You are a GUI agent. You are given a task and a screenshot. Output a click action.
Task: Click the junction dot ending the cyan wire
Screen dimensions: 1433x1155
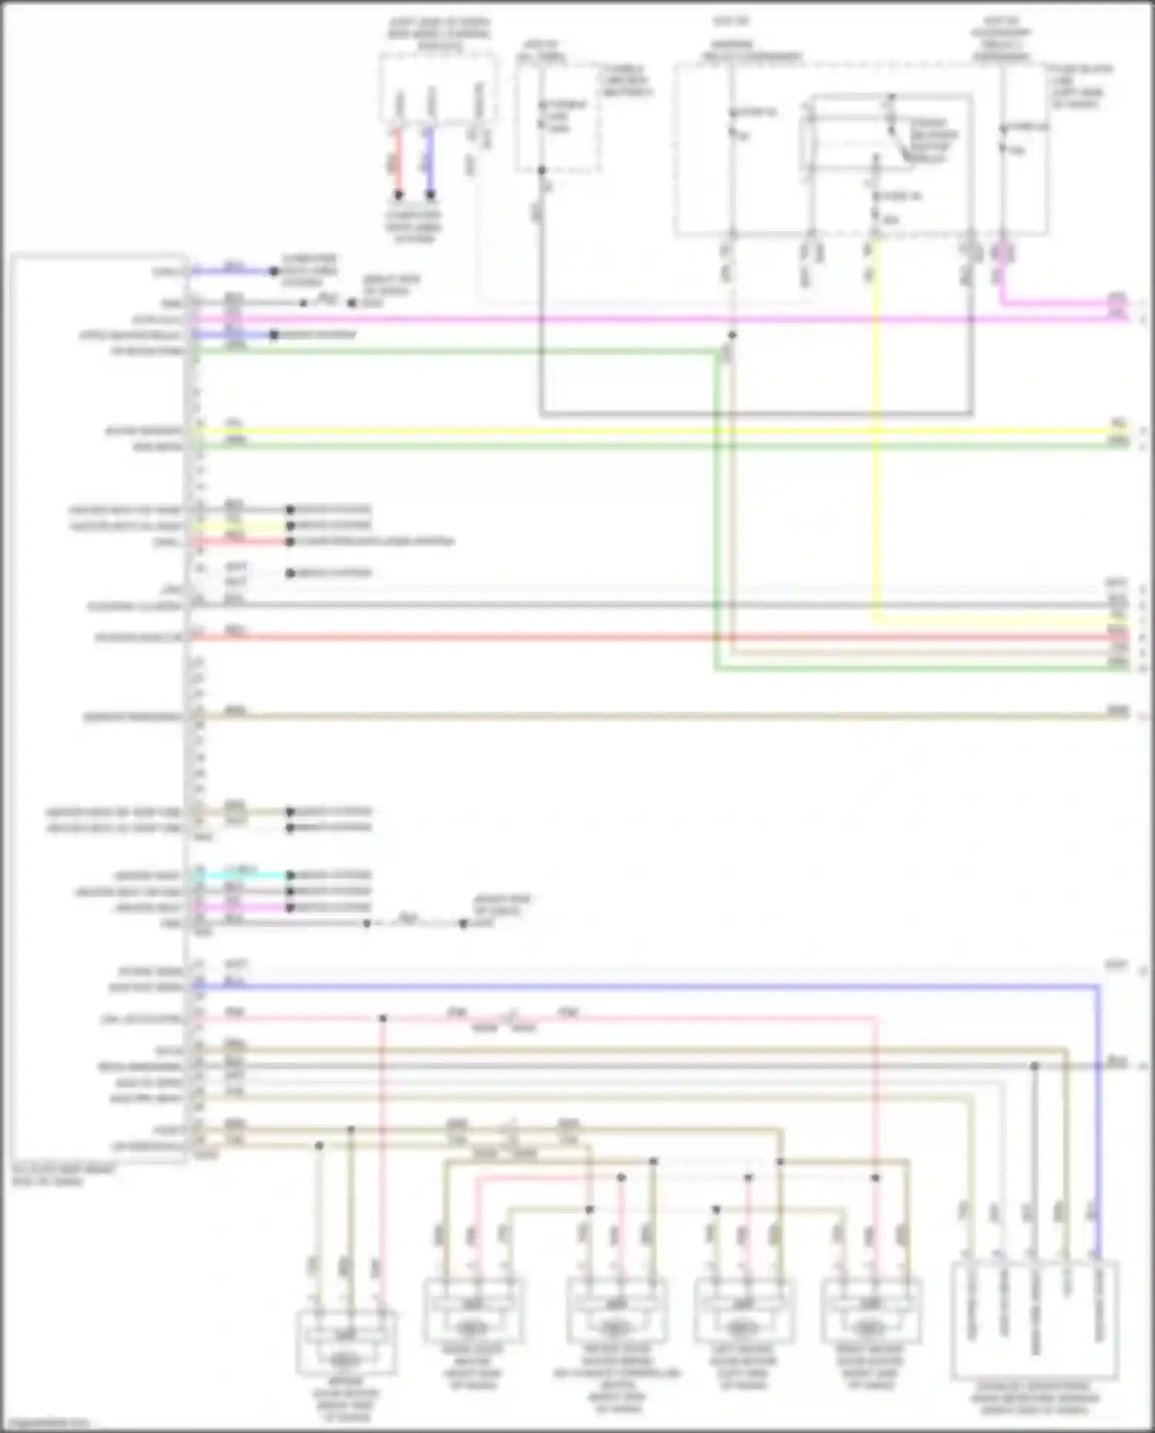tap(290, 876)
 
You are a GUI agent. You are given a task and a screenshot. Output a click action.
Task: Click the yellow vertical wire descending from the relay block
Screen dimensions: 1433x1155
tap(875, 431)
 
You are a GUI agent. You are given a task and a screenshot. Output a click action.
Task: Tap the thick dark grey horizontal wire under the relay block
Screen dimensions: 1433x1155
tap(755, 414)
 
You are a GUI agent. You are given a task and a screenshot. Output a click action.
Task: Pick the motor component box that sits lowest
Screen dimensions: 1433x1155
tap(346, 1344)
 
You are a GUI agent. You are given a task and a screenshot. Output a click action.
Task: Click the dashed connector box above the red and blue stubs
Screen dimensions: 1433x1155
tap(437, 88)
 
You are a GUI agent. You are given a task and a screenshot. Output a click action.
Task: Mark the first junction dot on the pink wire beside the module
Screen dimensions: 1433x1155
tap(383, 1019)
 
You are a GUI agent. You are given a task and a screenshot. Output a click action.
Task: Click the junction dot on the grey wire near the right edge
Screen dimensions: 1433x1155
tap(1034, 1066)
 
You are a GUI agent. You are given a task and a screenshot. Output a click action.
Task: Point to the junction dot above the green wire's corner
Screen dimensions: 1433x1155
tap(732, 336)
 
